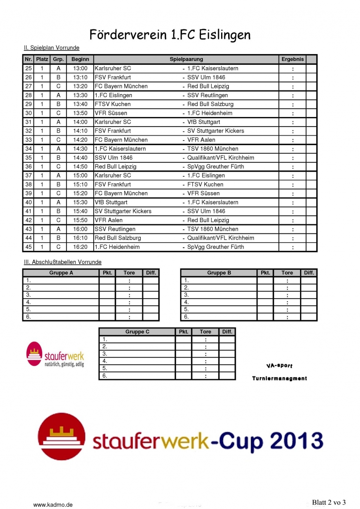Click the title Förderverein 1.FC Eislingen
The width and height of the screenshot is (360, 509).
[x=170, y=35]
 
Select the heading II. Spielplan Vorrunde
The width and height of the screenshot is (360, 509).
[x=52, y=48]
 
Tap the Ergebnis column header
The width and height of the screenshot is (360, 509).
[x=292, y=59]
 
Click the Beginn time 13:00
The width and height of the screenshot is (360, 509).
[x=80, y=68]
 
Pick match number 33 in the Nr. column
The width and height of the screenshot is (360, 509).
[x=28, y=140]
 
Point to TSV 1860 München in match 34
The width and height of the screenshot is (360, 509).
[x=213, y=149]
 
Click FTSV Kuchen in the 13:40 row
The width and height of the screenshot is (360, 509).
[x=113, y=104]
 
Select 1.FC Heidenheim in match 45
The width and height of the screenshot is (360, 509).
[x=117, y=247]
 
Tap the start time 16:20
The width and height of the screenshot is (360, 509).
[x=80, y=247]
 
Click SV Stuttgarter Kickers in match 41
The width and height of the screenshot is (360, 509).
[x=123, y=211]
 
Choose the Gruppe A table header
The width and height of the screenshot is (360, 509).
[x=61, y=273]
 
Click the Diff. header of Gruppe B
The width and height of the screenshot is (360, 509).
[x=309, y=273]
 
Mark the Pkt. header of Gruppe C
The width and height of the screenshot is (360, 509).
[x=184, y=332]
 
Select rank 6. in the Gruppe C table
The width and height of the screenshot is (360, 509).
[x=105, y=376]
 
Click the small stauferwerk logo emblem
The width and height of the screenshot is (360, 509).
[x=34, y=354]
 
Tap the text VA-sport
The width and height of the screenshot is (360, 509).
[x=279, y=366]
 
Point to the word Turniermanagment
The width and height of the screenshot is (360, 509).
[x=279, y=378]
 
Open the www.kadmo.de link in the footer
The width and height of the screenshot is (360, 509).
[x=53, y=505]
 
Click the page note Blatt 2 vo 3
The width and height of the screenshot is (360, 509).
[x=329, y=503]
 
